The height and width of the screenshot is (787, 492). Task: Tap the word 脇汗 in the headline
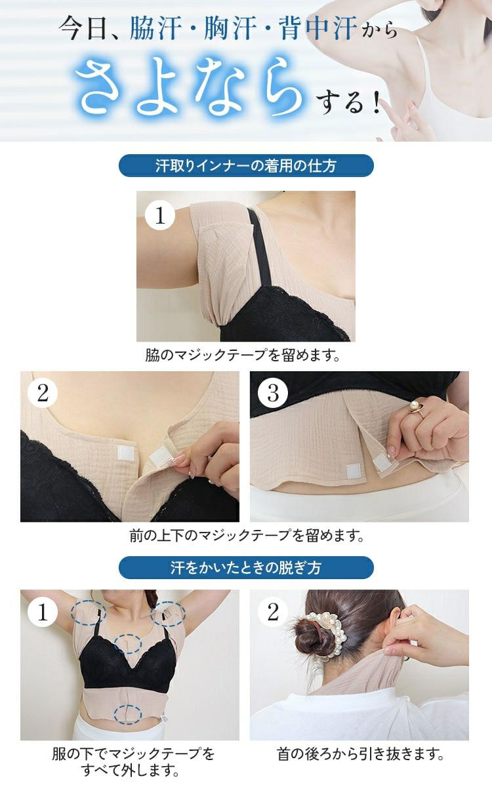point(156,30)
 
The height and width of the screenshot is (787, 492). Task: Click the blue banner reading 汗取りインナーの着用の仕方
point(246,166)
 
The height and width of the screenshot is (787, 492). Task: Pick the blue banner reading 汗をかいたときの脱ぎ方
point(246,567)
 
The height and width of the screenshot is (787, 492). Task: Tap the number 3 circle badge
point(273,393)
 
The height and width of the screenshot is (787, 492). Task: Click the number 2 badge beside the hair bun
point(273,612)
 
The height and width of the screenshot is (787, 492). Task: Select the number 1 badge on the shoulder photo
point(159,214)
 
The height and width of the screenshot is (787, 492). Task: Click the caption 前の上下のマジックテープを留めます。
point(246,536)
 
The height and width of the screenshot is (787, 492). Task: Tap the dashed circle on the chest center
point(128,643)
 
